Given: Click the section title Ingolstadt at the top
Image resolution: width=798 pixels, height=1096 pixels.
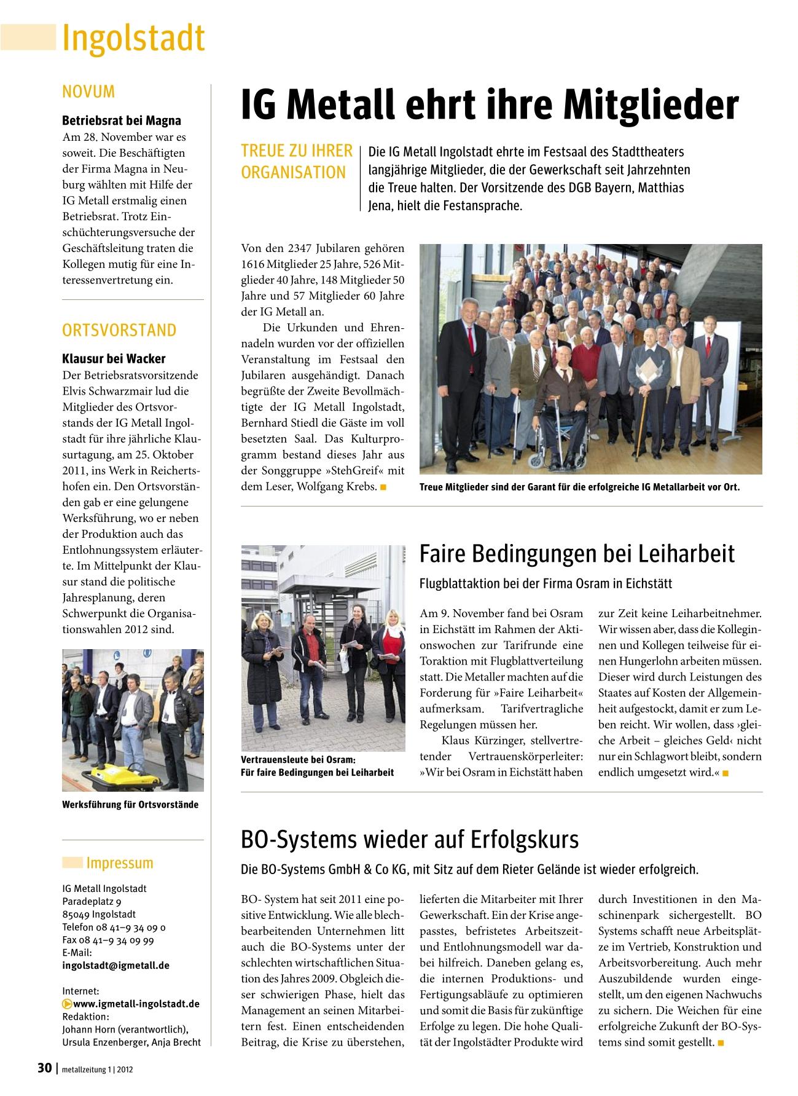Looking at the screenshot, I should pyautogui.click(x=133, y=38).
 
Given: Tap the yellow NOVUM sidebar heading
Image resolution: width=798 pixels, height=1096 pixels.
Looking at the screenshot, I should pyautogui.click(x=88, y=92).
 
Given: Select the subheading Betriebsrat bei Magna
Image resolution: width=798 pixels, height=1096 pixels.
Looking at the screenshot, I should pyautogui.click(x=122, y=121).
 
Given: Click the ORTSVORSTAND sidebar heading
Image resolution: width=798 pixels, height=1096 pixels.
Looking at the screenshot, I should pyautogui.click(x=119, y=330).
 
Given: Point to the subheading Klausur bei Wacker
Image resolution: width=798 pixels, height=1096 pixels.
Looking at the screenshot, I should pyautogui.click(x=114, y=359).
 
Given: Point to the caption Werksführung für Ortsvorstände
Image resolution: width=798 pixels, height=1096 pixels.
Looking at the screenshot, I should pyautogui.click(x=130, y=805).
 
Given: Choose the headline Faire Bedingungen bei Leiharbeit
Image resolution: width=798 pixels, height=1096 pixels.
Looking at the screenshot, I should pyautogui.click(x=577, y=554).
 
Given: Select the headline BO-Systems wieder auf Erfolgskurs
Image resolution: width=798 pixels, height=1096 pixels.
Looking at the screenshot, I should pyautogui.click(x=410, y=839).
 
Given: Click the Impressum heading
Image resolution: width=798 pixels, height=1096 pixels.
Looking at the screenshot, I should pyautogui.click(x=119, y=863).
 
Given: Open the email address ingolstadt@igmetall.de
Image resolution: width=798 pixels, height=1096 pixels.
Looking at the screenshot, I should pyautogui.click(x=115, y=966).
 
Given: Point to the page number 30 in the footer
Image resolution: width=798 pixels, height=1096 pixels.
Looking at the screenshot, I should pyautogui.click(x=44, y=1068).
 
